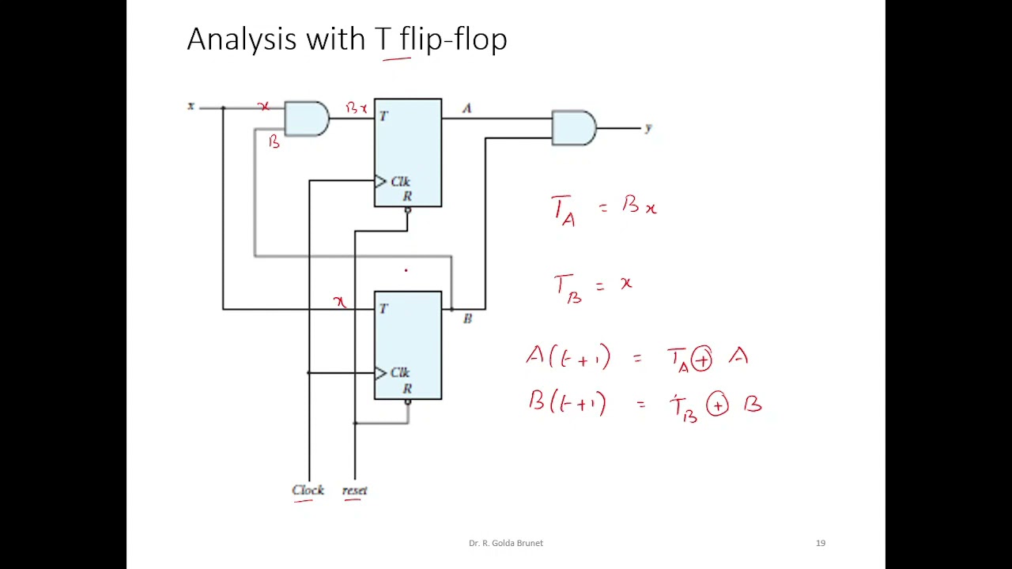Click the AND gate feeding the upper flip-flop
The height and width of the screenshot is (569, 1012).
307,119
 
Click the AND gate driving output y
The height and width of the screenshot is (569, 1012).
574,128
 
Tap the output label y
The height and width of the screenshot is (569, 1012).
649,128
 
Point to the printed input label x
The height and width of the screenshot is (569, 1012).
191,106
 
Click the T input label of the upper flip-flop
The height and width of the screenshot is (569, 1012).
383,116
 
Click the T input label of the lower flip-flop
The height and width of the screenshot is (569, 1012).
383,309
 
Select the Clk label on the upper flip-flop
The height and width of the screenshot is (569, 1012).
400,182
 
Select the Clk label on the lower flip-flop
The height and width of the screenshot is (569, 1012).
400,372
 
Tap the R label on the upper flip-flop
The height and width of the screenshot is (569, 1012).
407,197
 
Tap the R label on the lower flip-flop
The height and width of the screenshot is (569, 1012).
407,388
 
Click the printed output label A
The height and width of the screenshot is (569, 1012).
467,108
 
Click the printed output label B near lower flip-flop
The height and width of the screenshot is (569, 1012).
467,318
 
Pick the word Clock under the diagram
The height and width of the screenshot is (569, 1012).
308,490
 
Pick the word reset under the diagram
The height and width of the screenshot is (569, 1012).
355,491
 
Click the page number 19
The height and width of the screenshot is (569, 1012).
821,543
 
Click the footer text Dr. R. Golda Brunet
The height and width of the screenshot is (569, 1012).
506,543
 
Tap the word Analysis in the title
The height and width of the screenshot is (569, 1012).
242,40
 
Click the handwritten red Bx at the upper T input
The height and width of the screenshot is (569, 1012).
357,108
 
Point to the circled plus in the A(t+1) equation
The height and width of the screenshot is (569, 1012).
701,360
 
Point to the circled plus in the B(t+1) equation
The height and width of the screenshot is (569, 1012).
717,404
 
